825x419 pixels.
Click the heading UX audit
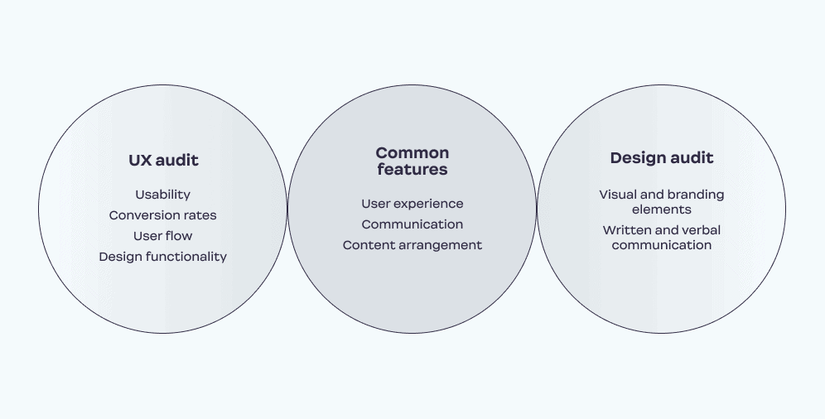click(x=163, y=161)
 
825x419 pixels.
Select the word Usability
click(x=162, y=195)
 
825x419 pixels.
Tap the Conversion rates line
click(x=162, y=215)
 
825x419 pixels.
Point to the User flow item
click(x=162, y=236)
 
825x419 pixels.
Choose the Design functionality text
click(x=162, y=257)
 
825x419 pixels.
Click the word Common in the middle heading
click(x=412, y=153)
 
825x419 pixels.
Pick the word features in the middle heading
click(x=412, y=169)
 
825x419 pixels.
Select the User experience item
click(x=412, y=204)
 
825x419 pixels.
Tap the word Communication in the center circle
click(x=412, y=224)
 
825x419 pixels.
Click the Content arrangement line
click(x=412, y=245)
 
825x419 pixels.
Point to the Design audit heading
click(x=662, y=158)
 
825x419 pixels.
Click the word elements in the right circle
click(x=662, y=209)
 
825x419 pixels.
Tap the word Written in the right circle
click(x=622, y=230)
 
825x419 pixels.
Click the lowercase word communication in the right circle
click(x=662, y=245)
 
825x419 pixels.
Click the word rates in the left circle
click(x=200, y=215)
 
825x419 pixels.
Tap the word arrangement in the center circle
click(x=441, y=245)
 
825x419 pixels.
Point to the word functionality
click(x=186, y=257)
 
